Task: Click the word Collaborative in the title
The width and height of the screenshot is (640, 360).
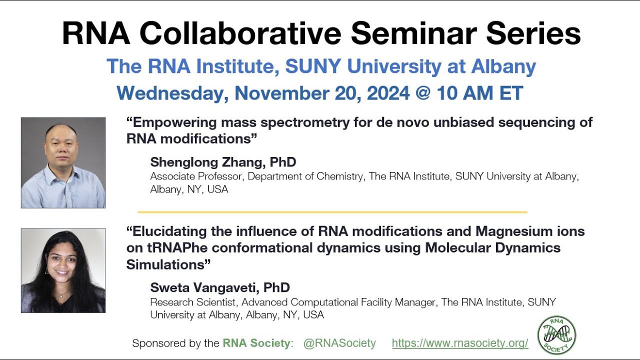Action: pos(240,34)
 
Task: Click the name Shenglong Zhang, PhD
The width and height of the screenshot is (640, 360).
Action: pos(223,162)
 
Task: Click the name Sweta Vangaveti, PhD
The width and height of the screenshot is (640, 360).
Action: pos(220,287)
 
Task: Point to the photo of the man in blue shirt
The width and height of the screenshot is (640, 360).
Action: pos(63,162)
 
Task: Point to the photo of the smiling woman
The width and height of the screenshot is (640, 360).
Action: pos(63,270)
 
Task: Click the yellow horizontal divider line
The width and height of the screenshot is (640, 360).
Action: pos(332,212)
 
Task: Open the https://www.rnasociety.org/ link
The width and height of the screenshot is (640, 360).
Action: pos(460,343)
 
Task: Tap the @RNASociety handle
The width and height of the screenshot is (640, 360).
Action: pos(339,343)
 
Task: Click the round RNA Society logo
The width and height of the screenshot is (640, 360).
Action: pos(556,335)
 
